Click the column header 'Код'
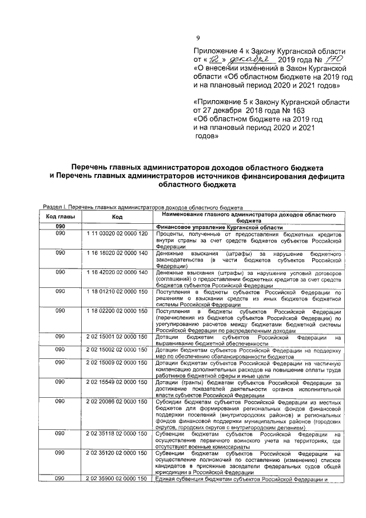(x=117, y=217)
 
